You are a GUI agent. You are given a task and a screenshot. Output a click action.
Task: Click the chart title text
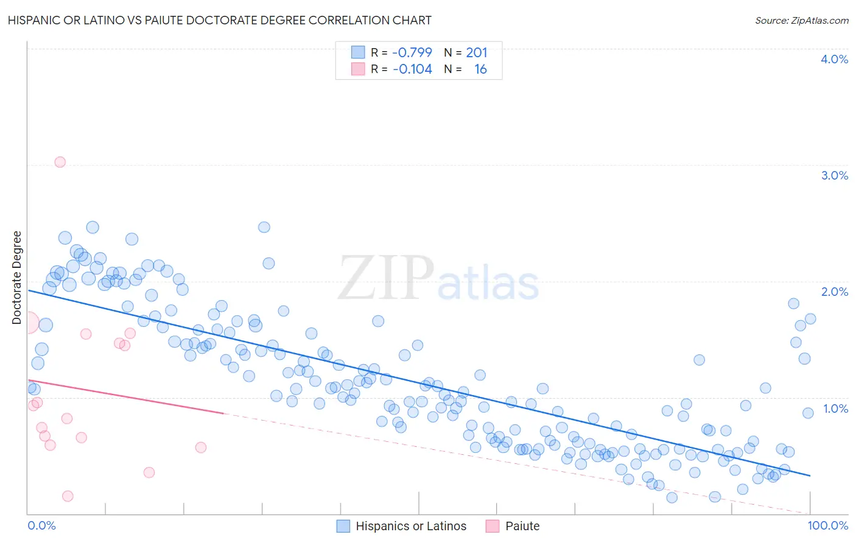(220, 20)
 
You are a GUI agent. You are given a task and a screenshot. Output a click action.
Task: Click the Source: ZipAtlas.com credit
(801, 21)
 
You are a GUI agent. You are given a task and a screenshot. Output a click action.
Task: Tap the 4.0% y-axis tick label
(834, 59)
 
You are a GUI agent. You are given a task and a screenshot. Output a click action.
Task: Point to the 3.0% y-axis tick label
(834, 175)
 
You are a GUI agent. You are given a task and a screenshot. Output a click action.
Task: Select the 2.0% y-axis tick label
(834, 292)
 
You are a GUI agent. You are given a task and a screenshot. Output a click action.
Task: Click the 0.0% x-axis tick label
(41, 525)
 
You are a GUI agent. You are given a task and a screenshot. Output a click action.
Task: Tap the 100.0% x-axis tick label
(827, 525)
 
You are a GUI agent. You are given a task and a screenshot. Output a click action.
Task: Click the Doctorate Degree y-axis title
(17, 278)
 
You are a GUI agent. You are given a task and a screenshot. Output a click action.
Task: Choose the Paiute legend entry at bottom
(522, 526)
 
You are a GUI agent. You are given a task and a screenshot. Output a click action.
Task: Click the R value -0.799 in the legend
(412, 52)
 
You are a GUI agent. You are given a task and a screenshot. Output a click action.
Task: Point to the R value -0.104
(412, 69)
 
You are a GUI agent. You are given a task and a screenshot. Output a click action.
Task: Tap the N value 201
(477, 52)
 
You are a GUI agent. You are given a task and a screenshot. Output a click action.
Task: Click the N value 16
(480, 69)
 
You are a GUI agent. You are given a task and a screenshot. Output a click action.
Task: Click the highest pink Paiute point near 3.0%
(60, 162)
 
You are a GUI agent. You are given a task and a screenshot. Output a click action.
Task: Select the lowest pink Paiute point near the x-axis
(68, 496)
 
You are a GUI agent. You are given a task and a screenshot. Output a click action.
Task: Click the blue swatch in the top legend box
(358, 52)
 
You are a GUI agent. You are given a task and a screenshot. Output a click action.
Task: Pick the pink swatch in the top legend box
(358, 69)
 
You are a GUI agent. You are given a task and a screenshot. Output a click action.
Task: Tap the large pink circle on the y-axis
(28, 323)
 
